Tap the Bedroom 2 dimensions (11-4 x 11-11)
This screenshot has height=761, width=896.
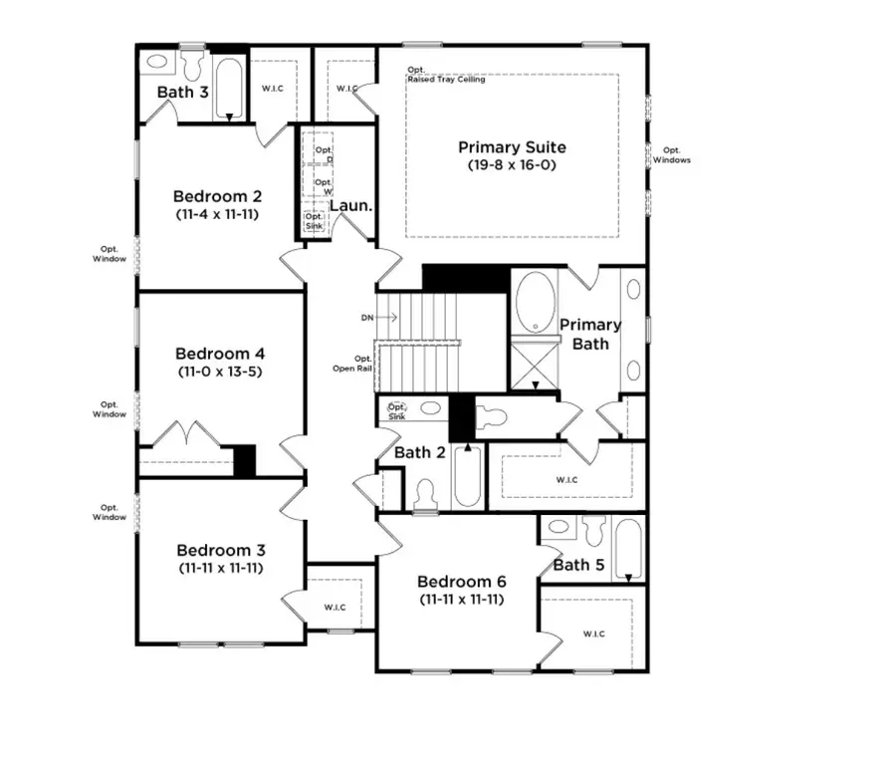tap(216, 213)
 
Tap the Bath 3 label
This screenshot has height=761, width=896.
tap(181, 93)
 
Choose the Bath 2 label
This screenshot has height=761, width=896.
tap(418, 453)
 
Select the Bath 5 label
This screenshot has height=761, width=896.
tap(577, 565)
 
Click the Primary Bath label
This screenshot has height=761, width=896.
tap(589, 334)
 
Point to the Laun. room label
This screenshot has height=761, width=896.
tap(350, 206)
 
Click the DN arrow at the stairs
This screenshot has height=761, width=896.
tap(379, 318)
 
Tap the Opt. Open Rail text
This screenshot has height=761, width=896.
tap(352, 364)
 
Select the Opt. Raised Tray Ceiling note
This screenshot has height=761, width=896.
tap(445, 75)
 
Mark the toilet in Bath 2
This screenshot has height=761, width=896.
tap(425, 494)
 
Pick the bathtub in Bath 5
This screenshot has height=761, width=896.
tap(628, 548)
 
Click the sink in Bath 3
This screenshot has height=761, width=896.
tap(157, 61)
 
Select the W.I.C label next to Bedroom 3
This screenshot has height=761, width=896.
tap(334, 607)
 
